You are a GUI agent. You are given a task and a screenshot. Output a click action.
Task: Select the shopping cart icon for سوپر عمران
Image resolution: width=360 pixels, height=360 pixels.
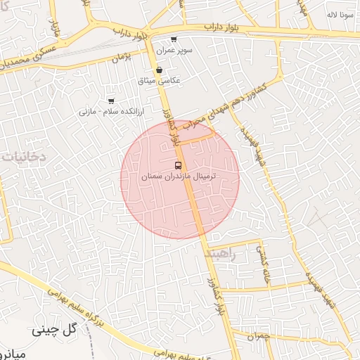174,39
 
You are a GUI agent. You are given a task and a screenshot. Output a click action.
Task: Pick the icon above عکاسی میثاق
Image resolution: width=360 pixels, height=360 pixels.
160,70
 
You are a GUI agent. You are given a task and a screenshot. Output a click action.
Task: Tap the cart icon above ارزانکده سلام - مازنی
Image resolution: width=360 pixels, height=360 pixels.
111,101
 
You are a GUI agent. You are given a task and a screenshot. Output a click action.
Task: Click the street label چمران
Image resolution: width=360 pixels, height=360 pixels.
259,336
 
